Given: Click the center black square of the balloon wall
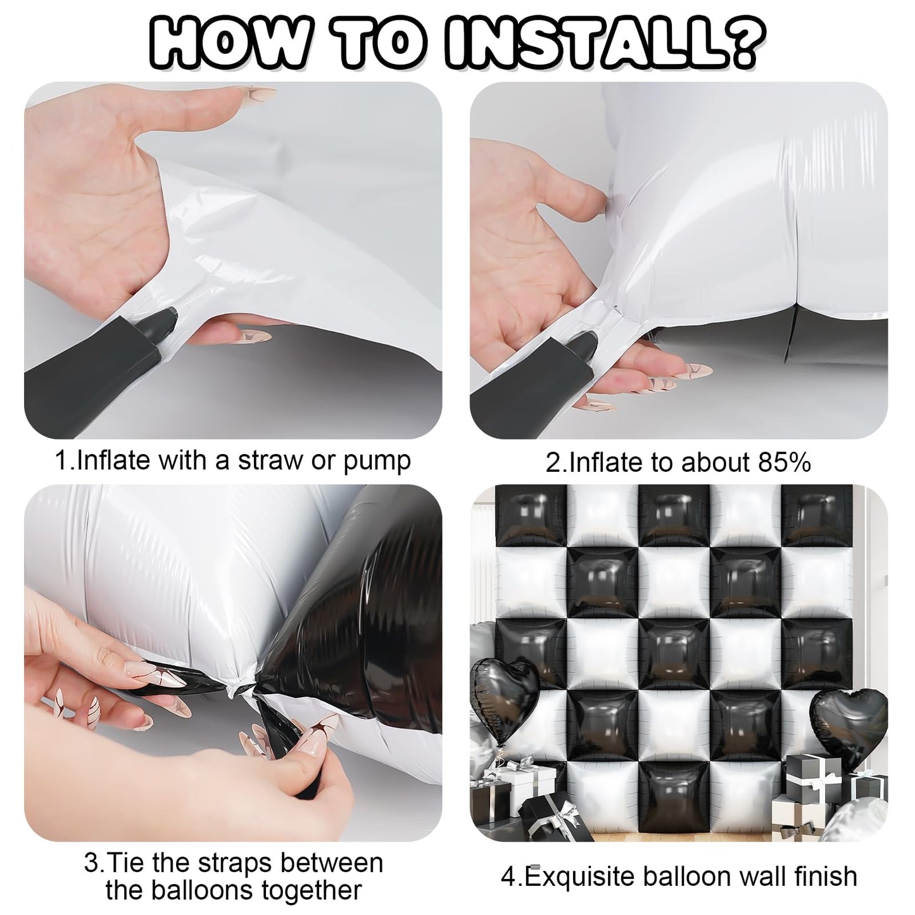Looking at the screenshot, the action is tap(674, 656).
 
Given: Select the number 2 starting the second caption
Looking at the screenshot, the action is tap(553, 463).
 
